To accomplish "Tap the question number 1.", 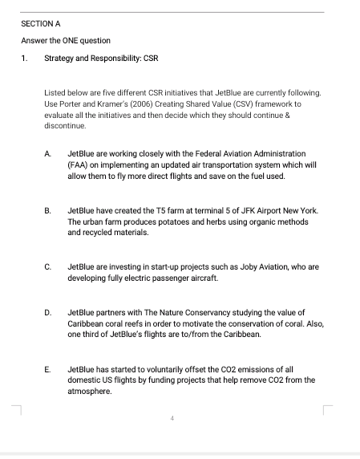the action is tap(24, 59).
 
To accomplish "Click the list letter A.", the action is tap(48, 152).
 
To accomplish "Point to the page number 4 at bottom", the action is tap(172, 418).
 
